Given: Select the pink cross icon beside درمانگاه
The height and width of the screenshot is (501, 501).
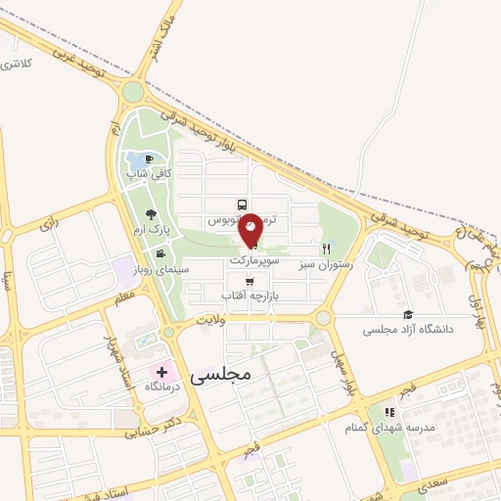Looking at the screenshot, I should [x=161, y=372].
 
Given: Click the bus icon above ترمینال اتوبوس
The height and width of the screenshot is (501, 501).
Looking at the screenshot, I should [x=241, y=205].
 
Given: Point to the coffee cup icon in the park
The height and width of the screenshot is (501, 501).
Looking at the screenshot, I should [x=150, y=159].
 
